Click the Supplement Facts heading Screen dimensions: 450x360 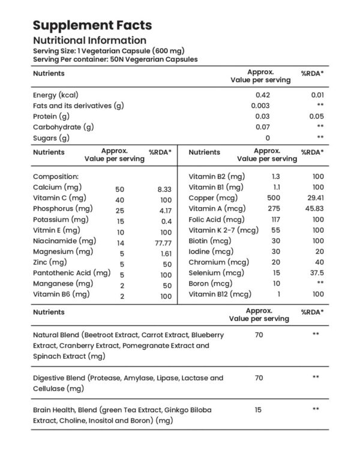tap(92, 25)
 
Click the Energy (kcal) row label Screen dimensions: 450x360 tap(56, 95)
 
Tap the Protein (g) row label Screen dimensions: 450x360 tap(53, 116)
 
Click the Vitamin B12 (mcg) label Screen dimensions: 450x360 tap(219, 295)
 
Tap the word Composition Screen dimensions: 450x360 tap(56, 177)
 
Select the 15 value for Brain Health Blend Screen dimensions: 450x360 tap(259, 410)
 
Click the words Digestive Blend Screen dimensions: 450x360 tap(59, 378)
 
